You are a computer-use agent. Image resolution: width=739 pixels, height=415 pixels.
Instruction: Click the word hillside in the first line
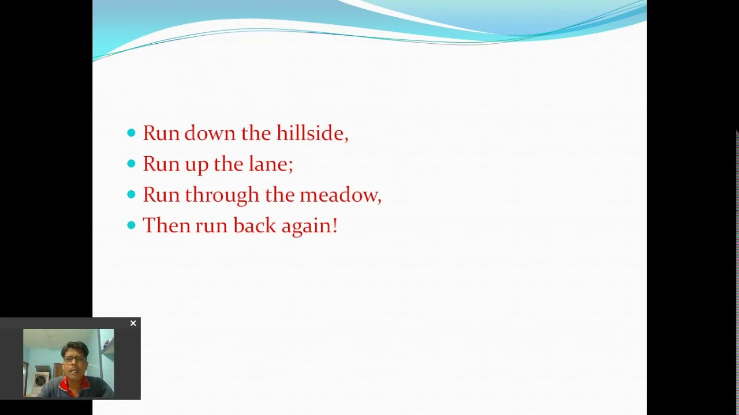312,133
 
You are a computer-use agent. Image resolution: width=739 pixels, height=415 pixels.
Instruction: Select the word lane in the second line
270,164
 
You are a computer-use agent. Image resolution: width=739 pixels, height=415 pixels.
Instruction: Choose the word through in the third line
222,195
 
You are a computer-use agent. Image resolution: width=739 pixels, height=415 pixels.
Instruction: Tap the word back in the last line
254,225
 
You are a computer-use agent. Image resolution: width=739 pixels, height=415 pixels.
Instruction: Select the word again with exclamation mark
308,226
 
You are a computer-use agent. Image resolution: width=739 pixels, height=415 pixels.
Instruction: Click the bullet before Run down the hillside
131,133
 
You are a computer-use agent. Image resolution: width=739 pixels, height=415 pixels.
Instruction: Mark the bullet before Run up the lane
131,164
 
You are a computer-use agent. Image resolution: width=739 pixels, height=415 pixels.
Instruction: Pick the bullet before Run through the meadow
131,195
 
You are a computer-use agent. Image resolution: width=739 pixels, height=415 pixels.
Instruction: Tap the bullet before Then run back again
131,225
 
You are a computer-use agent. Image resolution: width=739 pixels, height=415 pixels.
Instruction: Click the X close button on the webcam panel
133,323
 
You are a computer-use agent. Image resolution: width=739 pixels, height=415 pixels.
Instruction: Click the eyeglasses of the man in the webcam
74,359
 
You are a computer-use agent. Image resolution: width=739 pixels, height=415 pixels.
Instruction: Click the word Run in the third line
161,195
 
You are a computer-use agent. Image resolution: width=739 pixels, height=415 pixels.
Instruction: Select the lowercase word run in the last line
211,226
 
